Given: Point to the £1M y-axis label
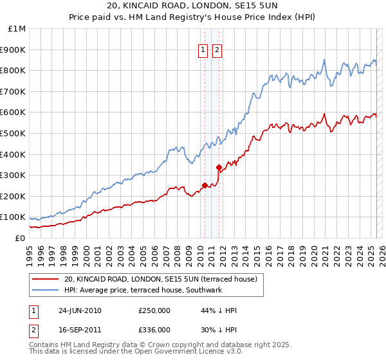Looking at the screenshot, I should (17, 29).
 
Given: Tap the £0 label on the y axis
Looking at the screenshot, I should (20, 238).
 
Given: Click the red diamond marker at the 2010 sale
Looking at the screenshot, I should (205, 186).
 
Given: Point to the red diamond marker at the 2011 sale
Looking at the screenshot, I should (219, 168).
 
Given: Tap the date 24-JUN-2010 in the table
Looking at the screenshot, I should (80, 310).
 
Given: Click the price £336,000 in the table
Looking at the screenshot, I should (154, 330).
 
